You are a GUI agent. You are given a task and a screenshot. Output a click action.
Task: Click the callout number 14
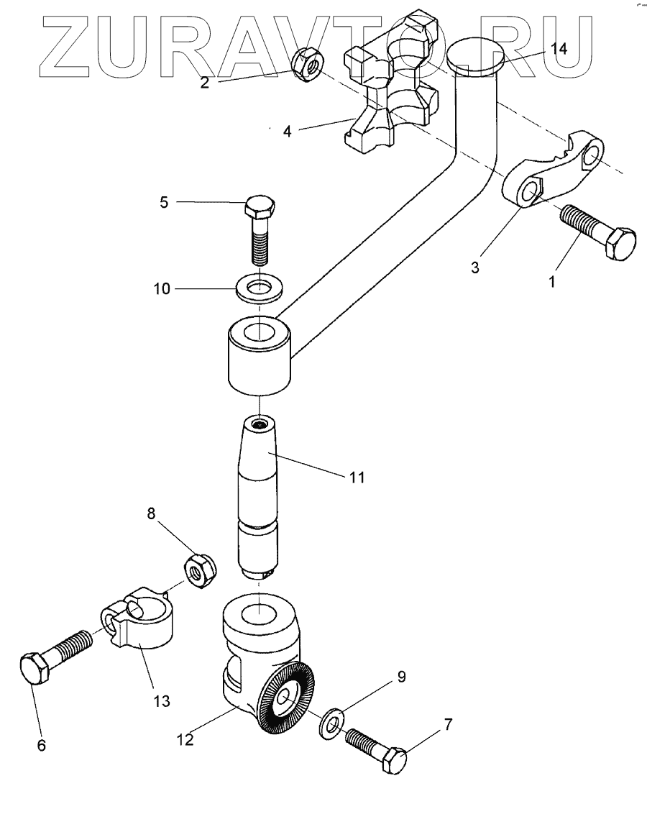pos(559,48)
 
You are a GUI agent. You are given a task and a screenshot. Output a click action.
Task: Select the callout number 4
pos(287,132)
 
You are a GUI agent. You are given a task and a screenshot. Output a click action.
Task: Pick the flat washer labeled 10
pos(260,288)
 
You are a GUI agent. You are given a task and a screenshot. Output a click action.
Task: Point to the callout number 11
pos(357,478)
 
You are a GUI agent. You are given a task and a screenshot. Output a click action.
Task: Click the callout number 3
pos(475,268)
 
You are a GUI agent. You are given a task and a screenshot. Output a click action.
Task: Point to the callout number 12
pos(185,739)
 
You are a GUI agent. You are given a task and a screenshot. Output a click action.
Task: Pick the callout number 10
pos(162,288)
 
